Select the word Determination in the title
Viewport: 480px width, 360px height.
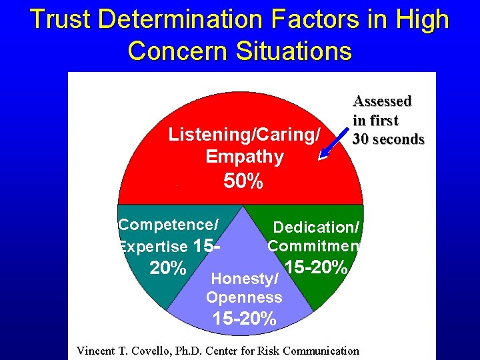175,20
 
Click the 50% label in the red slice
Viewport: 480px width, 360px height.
243,181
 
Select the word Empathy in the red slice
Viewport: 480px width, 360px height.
245,157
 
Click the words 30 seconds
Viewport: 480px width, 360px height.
389,139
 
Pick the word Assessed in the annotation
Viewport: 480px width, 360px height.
382,101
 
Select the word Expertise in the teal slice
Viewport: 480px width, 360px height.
153,247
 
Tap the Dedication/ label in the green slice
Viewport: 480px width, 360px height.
316,228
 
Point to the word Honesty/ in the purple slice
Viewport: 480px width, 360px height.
244,279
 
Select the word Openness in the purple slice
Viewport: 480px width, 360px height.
244,297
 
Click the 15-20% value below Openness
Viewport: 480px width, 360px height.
244,319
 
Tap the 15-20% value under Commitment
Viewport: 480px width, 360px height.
316,267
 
